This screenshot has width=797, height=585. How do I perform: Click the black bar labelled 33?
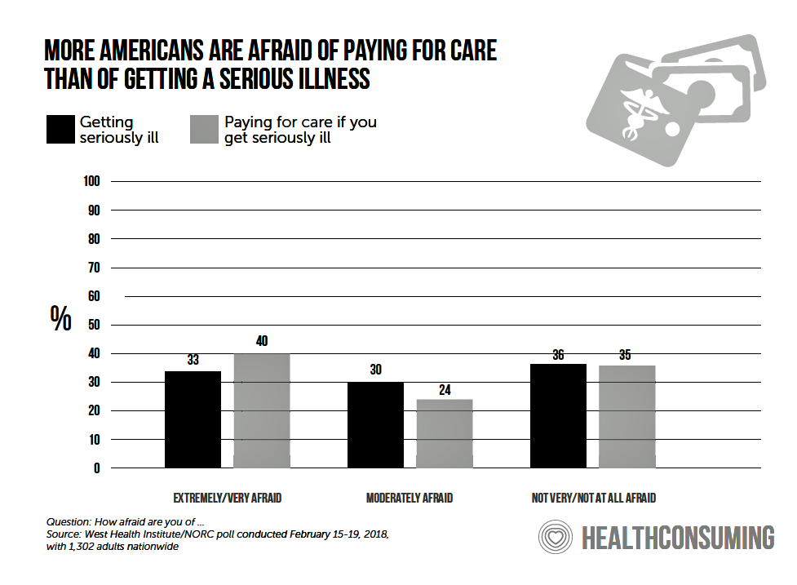[193, 419]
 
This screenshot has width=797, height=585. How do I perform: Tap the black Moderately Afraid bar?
[375, 424]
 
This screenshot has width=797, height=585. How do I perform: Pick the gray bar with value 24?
[445, 433]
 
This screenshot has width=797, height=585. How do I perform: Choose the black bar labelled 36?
[558, 415]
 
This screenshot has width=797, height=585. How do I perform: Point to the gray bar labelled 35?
[627, 416]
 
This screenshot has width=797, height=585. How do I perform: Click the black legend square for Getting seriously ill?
[60, 130]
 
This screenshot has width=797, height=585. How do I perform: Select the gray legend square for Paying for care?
[204, 130]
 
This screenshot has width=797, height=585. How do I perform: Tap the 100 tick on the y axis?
[91, 181]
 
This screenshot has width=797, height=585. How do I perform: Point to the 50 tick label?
[93, 325]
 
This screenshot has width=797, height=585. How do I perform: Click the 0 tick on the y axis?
[96, 468]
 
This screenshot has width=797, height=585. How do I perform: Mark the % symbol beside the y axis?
[60, 318]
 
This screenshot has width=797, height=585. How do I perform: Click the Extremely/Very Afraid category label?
[227, 498]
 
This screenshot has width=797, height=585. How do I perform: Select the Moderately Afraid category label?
[409, 498]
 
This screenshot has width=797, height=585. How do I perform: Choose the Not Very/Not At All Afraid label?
[593, 498]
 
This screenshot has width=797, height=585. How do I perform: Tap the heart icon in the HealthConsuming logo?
[555, 538]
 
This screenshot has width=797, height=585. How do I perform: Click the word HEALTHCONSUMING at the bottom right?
[677, 538]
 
